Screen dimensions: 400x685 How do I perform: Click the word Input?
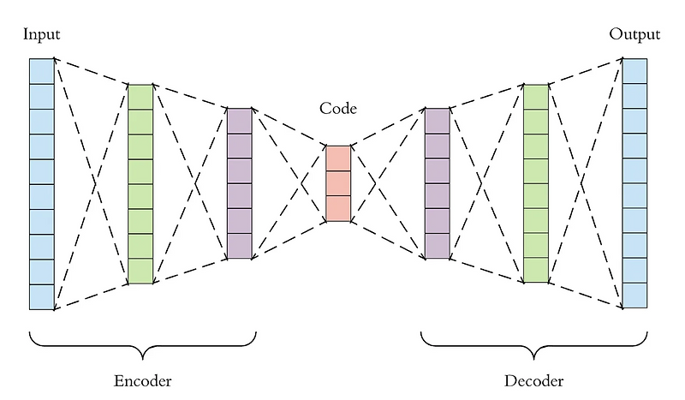(x=42, y=35)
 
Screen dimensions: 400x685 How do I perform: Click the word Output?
(x=634, y=35)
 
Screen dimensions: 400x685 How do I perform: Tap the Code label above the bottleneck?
(x=337, y=109)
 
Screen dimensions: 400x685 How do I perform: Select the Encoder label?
(x=143, y=379)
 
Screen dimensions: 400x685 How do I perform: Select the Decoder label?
(x=534, y=379)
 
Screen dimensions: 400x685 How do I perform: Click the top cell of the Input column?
(x=41, y=71)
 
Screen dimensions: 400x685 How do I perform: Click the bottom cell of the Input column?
(x=41, y=296)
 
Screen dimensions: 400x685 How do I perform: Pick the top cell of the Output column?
(x=634, y=71)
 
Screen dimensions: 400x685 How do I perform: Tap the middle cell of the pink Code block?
(x=337, y=183)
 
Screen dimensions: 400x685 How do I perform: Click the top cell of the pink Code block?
(x=337, y=158)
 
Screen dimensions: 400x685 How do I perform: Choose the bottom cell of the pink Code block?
(x=337, y=209)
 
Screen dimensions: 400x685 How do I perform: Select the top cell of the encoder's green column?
(x=140, y=97)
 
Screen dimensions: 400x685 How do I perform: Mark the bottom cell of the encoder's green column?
(x=140, y=271)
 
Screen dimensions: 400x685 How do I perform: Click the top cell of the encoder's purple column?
(x=239, y=121)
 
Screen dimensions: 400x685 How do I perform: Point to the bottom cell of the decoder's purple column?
(x=437, y=246)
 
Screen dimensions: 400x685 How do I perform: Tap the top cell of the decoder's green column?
(x=536, y=97)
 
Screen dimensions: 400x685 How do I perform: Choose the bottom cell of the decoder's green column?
(x=536, y=270)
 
